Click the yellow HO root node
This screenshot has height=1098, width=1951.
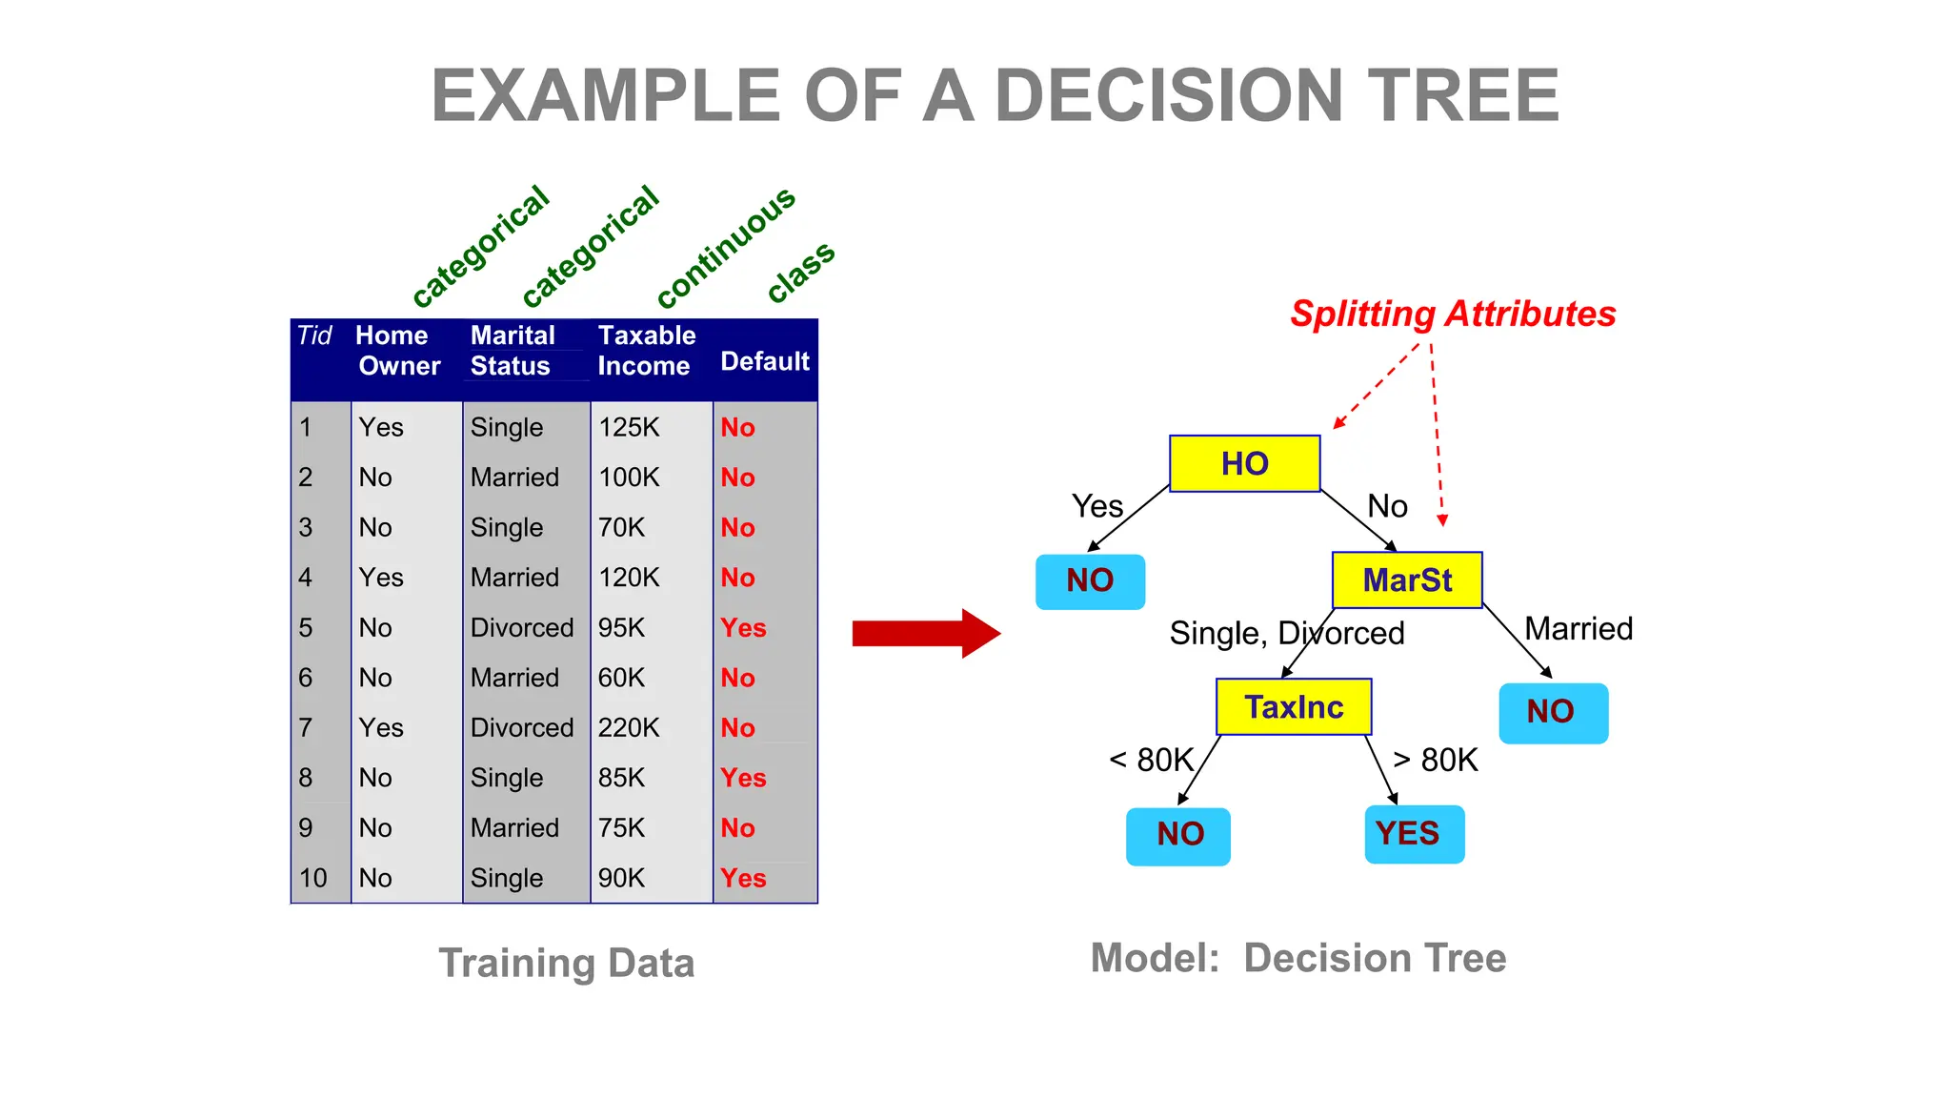1244,464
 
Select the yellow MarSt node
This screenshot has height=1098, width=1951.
1406,579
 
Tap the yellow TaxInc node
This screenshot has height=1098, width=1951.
1293,707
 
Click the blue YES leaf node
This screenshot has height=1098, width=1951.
1414,834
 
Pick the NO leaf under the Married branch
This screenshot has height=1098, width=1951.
1552,712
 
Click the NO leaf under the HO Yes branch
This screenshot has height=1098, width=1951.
1090,580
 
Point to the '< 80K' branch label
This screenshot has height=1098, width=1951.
1151,760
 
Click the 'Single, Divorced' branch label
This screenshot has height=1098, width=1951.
1286,633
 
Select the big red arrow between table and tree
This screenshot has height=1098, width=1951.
925,633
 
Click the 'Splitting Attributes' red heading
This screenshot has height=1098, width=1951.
1452,314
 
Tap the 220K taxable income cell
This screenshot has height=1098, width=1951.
629,728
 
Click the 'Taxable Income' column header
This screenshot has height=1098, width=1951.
646,351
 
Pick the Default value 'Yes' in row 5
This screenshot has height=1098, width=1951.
743,628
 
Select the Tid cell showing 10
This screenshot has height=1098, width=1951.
313,878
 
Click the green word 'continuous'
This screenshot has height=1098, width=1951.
726,247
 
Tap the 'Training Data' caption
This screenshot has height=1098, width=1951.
566,963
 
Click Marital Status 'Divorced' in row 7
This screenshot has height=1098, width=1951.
521,728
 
